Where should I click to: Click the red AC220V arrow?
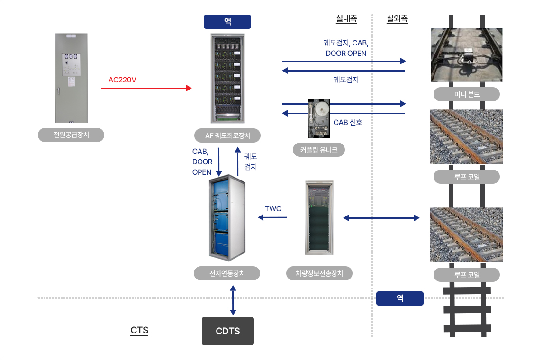(146, 88)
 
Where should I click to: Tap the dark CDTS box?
(228, 331)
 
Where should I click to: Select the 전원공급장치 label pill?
(71, 135)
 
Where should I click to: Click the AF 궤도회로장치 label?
(227, 135)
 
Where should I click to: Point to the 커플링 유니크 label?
(318, 150)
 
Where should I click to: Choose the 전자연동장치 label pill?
(227, 273)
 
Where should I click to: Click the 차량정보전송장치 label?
(319, 273)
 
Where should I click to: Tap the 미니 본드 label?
(466, 94)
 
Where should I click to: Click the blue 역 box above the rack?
(227, 21)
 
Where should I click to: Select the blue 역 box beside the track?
(400, 298)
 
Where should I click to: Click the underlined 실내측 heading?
(346, 18)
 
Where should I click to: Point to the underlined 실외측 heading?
(397, 18)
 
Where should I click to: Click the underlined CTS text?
(139, 331)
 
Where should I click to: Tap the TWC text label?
(273, 209)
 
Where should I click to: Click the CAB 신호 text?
(348, 123)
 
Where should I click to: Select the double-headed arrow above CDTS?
(233, 300)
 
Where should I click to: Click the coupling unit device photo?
(319, 118)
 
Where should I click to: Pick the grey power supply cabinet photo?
(71, 78)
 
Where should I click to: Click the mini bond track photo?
(466, 55)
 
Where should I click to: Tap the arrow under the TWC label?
(272, 217)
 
